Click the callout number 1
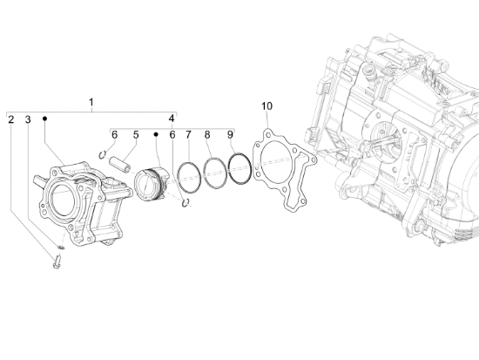(91, 102)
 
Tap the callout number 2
(11, 119)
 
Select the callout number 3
(28, 119)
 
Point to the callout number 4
(172, 119)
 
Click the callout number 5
(136, 134)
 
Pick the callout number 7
(188, 134)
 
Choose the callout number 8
(207, 134)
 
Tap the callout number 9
(230, 134)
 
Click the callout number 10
(266, 106)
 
